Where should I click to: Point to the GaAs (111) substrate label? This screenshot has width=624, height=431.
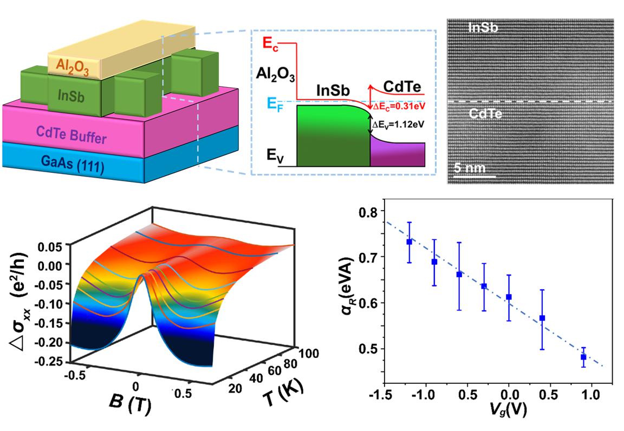click(x=71, y=161)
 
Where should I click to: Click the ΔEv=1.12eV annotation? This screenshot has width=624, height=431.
click(x=399, y=124)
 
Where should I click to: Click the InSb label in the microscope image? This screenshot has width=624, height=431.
click(x=483, y=29)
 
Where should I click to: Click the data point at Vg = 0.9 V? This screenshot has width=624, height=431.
click(x=583, y=357)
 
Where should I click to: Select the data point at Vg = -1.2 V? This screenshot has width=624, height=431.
click(x=409, y=242)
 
